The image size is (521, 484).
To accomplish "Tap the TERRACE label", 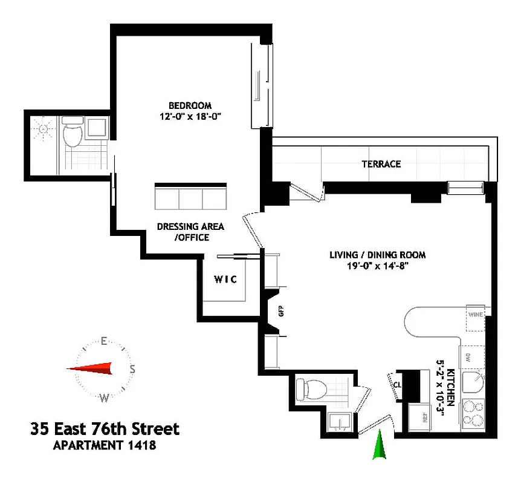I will [x=381, y=164].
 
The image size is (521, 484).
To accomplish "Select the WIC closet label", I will [x=225, y=280].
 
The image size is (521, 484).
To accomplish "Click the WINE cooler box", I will [x=475, y=315].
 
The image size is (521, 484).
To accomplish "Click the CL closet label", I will [x=398, y=384].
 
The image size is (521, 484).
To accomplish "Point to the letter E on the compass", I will [x=104, y=341].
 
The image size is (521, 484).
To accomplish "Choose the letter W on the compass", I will [x=104, y=397].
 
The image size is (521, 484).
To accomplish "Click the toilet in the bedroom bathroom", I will [x=73, y=135].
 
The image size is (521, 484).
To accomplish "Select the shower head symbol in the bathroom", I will [x=43, y=129].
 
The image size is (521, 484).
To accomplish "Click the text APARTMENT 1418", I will [x=105, y=446].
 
